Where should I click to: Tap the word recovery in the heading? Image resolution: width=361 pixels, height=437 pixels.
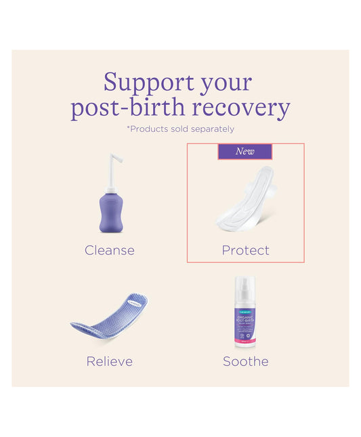click(251, 108)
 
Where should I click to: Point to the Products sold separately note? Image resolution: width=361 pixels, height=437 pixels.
click(182, 129)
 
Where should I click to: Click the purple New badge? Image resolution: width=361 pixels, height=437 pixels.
click(245, 152)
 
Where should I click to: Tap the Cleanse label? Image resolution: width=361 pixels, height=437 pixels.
click(110, 250)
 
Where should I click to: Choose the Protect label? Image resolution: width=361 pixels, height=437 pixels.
click(245, 250)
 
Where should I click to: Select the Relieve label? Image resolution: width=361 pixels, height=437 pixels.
click(110, 361)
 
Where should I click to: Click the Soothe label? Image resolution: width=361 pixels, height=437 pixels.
click(245, 361)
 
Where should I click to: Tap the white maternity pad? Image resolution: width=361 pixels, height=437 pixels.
click(245, 200)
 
